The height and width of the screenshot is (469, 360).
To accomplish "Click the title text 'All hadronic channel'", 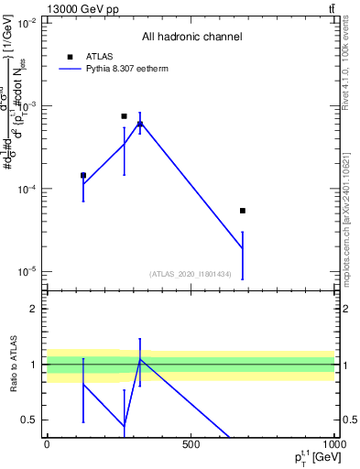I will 191,38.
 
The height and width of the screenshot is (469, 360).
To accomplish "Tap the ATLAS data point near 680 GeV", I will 243,211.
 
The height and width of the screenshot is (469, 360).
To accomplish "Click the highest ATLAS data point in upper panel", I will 124,116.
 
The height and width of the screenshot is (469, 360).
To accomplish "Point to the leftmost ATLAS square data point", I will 83,175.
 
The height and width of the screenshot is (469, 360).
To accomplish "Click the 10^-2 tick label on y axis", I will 28,24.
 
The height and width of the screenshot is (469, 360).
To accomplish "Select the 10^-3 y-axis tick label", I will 28,106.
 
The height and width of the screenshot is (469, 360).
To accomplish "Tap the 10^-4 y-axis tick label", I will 28,189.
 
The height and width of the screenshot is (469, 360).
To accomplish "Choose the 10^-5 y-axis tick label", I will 28,271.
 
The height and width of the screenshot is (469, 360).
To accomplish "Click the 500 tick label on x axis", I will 191,445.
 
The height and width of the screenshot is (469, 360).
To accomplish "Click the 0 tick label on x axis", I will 47,445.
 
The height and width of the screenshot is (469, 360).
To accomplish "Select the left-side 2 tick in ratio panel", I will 35,309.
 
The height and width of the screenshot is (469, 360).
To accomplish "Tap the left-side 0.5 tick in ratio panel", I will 31,420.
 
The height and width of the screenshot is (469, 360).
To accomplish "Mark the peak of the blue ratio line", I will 140,359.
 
